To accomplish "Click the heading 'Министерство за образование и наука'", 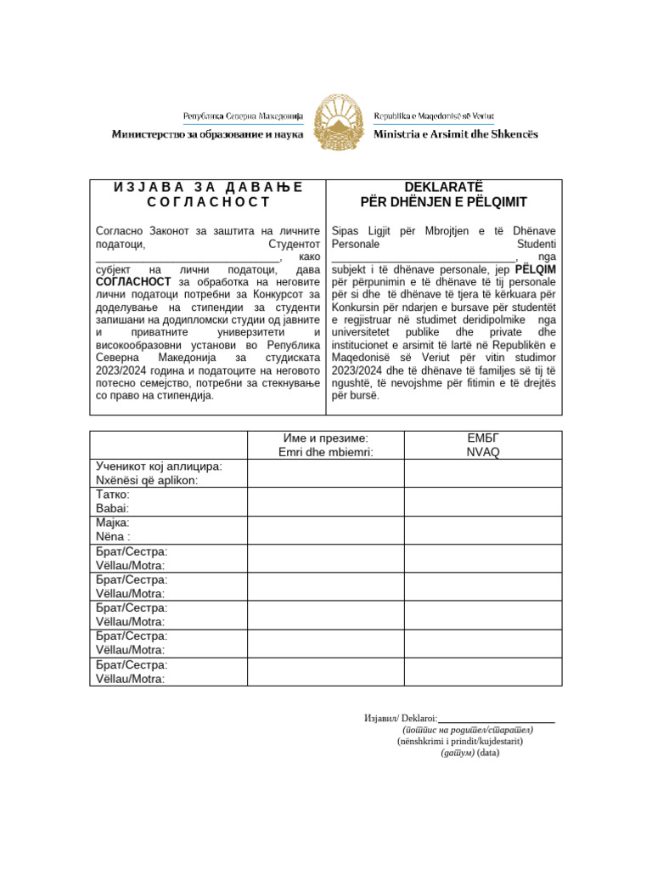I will pos(207,134).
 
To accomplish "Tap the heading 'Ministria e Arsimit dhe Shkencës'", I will pos(456,134).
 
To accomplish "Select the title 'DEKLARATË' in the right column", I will pos(443,187).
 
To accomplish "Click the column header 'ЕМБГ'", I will pos(482,438).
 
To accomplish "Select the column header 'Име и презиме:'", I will pos(325,438).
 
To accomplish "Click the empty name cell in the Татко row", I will pos(325,501).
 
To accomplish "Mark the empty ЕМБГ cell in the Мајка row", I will pos(482,530).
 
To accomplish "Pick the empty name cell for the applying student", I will pos(325,473).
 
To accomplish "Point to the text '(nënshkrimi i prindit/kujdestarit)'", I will pos(460,741).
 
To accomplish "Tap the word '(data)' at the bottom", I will pos(488,753).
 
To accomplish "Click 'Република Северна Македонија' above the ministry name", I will pos(243,116).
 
